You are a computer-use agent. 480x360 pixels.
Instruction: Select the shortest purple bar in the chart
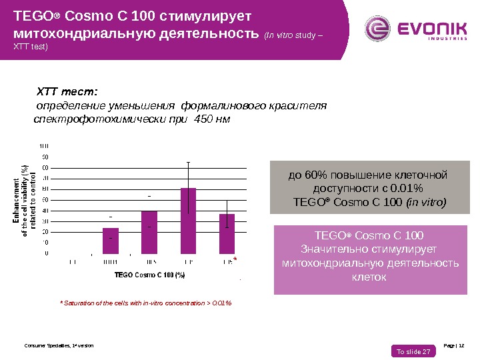coord(110,241)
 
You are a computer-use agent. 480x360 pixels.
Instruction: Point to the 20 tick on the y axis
coord(45,231)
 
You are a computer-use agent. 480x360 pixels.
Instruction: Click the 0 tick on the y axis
coord(46,253)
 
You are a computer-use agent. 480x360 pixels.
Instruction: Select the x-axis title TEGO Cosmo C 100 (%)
coord(149,274)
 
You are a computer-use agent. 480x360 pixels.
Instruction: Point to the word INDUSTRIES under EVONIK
coord(437,39)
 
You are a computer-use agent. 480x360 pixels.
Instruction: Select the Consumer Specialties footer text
coord(59,345)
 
